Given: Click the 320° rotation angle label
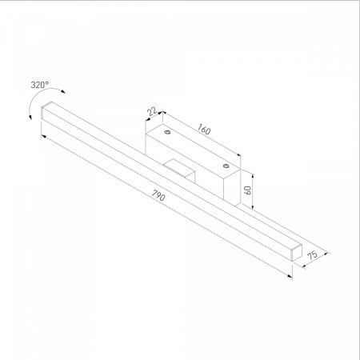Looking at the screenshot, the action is point(40,85).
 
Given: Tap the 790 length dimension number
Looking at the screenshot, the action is point(158,195).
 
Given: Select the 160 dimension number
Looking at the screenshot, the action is point(204,129).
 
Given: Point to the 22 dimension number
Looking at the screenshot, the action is point(152,111).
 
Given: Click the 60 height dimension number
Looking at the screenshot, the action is point(248,190).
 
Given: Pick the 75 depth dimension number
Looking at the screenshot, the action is point(313,254).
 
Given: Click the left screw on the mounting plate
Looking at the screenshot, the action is point(167,132).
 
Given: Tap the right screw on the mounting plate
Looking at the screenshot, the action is point(226,166).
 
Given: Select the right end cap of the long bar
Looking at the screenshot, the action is point(297,252).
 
